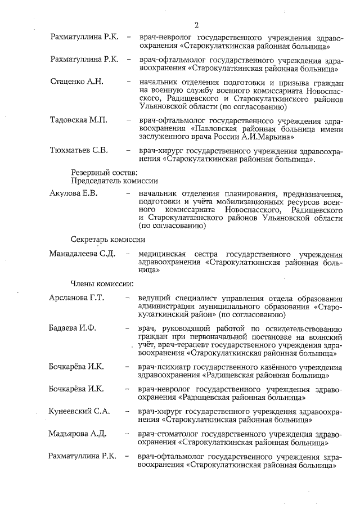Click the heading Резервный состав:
pos(101,172)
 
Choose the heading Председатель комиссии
pos(114,181)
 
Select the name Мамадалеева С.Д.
pos(82,254)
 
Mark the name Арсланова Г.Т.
pos(77,298)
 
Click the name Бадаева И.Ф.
pos(74,328)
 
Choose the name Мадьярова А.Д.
pos(78,434)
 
